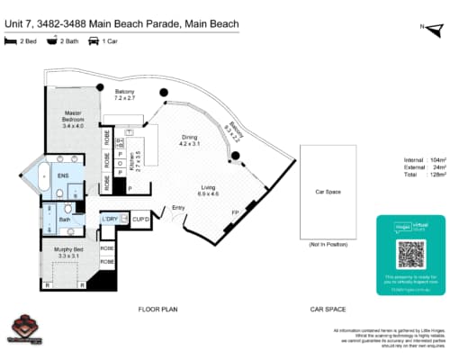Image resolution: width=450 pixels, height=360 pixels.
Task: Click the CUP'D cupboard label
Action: pyautogui.click(x=139, y=219)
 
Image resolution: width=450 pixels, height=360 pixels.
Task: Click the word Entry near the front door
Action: pyautogui.click(x=178, y=209)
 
